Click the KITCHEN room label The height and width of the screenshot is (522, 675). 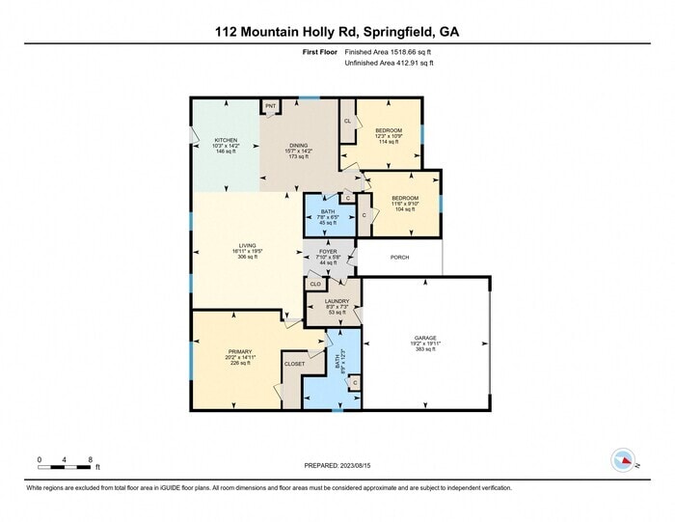[x=226, y=140]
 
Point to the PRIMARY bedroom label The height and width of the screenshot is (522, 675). [x=239, y=351]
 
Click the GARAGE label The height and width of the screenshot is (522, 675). [x=424, y=338]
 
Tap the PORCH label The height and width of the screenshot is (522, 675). [x=399, y=258]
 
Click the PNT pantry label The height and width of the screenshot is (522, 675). [x=270, y=105]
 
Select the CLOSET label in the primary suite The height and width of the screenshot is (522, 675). [x=294, y=364]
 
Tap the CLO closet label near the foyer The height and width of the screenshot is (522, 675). [x=314, y=284]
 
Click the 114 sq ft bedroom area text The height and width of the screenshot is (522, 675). [x=388, y=143]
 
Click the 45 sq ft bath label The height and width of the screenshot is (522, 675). [x=328, y=223]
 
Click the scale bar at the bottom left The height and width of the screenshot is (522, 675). [x=65, y=466]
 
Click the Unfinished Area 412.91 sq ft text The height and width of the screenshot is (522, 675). [x=389, y=63]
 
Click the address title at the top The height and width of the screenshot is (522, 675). [x=337, y=31]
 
